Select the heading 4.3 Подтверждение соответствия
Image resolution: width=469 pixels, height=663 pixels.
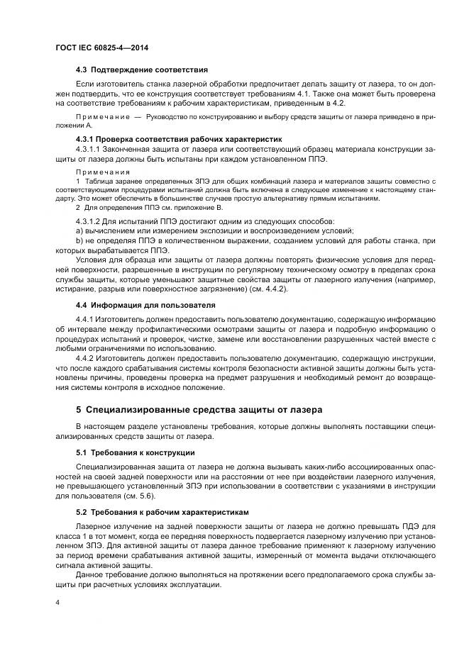pyautogui.click(x=141, y=70)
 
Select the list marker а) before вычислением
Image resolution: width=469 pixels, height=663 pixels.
pyautogui.click(x=79, y=231)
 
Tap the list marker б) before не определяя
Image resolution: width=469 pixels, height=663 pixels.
pyautogui.click(x=79, y=241)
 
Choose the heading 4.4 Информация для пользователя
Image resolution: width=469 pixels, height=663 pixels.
pyautogui.click(x=145, y=305)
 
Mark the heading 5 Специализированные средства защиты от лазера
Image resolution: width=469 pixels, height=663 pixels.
pyautogui.click(x=199, y=410)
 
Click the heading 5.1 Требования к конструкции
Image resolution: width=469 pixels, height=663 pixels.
pyautogui.click(x=135, y=452)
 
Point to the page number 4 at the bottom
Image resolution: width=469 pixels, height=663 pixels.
pyautogui.click(x=57, y=603)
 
